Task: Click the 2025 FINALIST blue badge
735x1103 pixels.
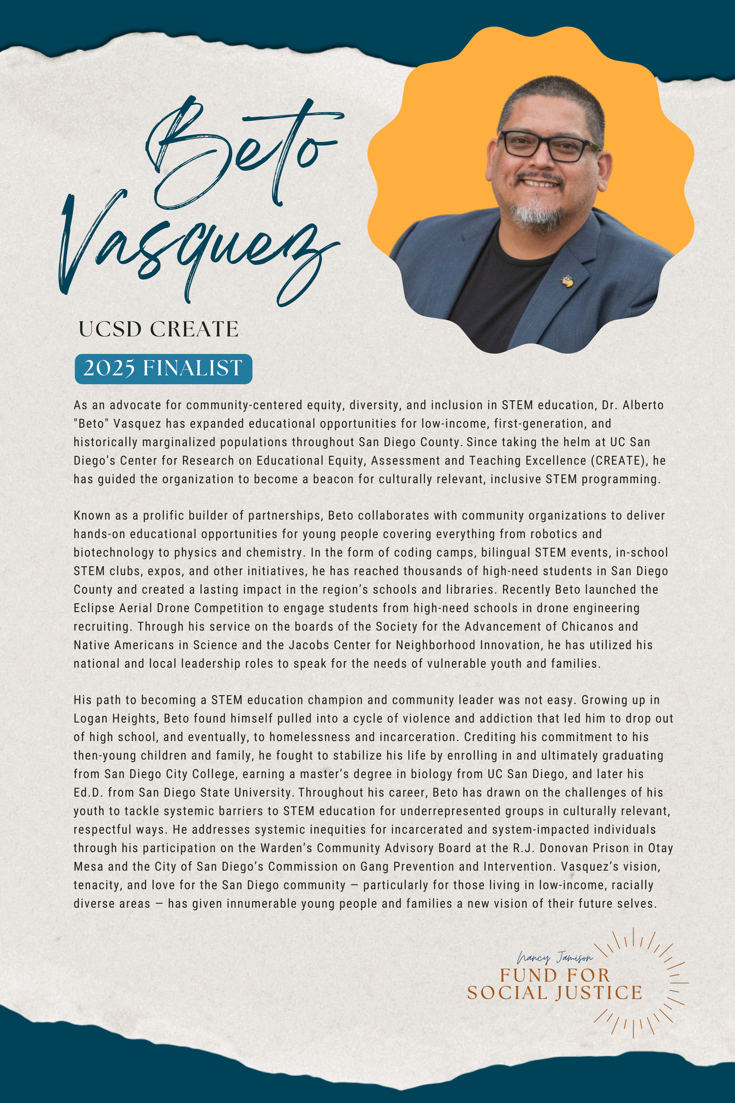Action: click(x=163, y=369)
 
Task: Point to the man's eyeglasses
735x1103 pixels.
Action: click(x=546, y=145)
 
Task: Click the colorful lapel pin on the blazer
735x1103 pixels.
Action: click(x=567, y=281)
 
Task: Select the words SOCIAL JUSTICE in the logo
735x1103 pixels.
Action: click(x=554, y=993)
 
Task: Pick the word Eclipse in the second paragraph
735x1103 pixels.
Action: click(x=94, y=608)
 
